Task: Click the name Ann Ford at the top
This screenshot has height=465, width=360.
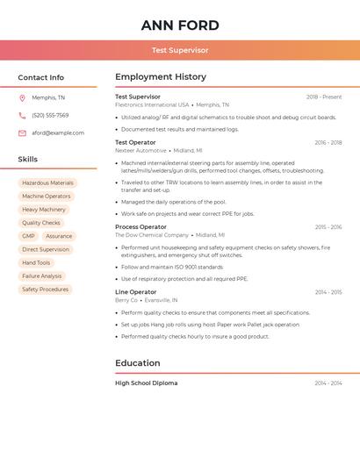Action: pyautogui.click(x=180, y=25)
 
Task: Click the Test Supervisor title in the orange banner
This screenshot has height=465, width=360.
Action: pyautogui.click(x=180, y=51)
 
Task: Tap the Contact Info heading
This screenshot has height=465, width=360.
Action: pyautogui.click(x=41, y=77)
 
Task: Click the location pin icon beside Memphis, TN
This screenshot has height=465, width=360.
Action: pyautogui.click(x=22, y=98)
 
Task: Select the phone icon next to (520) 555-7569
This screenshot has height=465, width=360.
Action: pyautogui.click(x=22, y=116)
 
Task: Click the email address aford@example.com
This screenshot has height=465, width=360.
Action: pyautogui.click(x=58, y=133)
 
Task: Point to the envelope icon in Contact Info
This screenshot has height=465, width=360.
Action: pyautogui.click(x=22, y=133)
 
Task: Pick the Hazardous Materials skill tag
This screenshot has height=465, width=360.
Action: pyautogui.click(x=48, y=183)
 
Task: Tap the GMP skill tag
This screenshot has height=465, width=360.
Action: pyautogui.click(x=29, y=236)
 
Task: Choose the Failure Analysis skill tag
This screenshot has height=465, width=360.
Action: pyautogui.click(x=42, y=276)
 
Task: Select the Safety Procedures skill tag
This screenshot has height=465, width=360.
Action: pyautogui.click(x=45, y=290)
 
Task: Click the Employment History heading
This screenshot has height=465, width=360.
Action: pyautogui.click(x=161, y=77)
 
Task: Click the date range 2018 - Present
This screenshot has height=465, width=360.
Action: pyautogui.click(x=324, y=97)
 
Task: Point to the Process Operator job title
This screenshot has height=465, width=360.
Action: pyautogui.click(x=140, y=227)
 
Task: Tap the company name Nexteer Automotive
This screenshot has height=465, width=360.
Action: pyautogui.click(x=140, y=150)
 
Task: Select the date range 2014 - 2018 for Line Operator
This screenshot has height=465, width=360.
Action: pyautogui.click(x=328, y=292)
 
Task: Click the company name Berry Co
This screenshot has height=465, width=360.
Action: pyautogui.click(x=126, y=300)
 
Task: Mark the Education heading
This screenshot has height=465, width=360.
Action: pyautogui.click(x=138, y=363)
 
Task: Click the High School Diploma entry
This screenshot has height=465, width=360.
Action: pyautogui.click(x=147, y=383)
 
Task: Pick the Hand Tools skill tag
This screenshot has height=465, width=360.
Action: pyautogui.click(x=36, y=263)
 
